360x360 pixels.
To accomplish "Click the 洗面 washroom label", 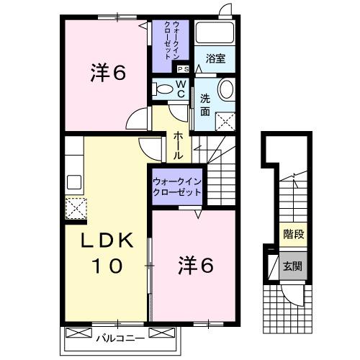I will (x=205, y=105).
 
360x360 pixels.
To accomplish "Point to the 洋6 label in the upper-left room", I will (x=108, y=73).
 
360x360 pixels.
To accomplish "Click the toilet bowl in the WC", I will (x=163, y=90).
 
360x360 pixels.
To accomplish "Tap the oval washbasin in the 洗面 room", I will (x=227, y=91).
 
